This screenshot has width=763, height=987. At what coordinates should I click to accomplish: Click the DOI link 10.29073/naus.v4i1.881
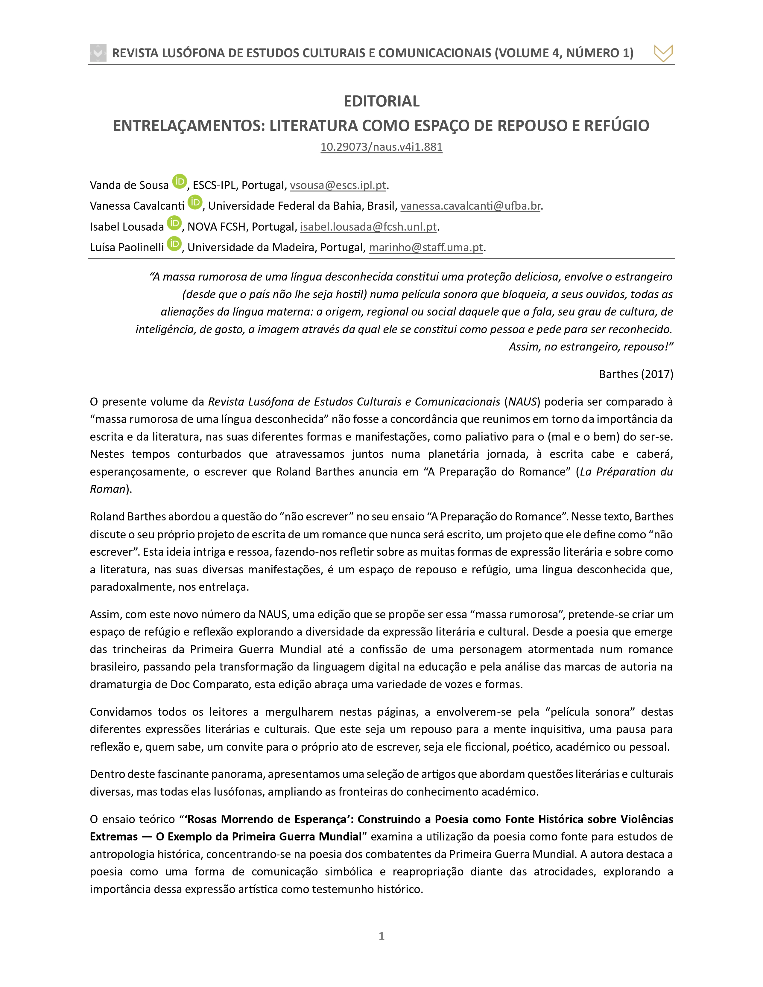click(381, 147)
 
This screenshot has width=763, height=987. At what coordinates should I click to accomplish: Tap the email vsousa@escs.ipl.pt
click(338, 185)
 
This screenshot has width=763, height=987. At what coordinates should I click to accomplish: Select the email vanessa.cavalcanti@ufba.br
click(470, 206)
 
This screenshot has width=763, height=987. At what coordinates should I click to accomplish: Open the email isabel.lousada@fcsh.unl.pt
click(368, 227)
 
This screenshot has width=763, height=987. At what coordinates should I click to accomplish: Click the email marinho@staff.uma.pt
click(426, 248)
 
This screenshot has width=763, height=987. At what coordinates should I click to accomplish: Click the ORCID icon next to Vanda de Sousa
click(180, 181)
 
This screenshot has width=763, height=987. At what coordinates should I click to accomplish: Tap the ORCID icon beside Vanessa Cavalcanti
click(195, 202)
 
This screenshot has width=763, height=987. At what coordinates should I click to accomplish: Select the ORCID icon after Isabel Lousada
click(174, 223)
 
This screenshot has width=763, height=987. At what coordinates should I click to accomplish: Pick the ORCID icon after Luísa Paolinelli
click(174, 243)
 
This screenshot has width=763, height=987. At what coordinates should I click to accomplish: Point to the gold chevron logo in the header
click(663, 53)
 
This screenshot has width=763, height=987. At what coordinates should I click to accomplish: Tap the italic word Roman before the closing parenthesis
click(107, 489)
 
